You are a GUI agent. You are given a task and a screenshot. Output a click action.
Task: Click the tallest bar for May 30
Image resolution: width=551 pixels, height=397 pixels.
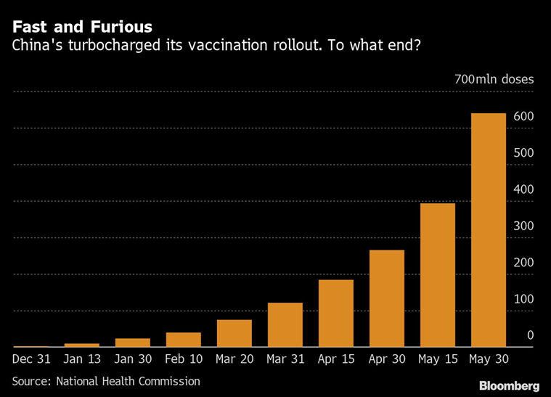coord(489,230)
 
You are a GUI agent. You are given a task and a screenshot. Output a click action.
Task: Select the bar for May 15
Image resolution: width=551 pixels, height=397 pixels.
coord(437,275)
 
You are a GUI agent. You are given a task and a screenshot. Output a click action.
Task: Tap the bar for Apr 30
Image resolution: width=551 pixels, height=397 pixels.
coord(386,298)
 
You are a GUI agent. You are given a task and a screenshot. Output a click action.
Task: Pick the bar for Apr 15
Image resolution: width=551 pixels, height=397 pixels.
coord(335,314)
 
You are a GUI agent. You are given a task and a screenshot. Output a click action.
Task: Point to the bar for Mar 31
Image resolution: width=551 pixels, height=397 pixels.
coord(285,325)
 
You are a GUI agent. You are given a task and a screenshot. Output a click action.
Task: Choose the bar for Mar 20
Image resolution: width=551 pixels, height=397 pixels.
coord(234,333)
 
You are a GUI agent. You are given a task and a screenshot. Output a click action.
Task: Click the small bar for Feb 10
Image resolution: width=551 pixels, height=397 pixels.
coord(183,340)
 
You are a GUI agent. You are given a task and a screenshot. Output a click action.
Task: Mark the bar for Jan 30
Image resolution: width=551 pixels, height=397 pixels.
coord(132,343)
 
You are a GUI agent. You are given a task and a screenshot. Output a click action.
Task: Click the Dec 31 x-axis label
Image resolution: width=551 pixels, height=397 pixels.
coord(30,359)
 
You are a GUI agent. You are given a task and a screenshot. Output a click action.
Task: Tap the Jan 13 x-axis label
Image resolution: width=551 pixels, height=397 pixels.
coord(81,359)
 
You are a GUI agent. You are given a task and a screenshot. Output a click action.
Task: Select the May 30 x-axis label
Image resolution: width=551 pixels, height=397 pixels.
coord(489,359)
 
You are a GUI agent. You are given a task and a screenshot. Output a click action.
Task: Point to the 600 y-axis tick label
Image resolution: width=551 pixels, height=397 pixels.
coord(523,117)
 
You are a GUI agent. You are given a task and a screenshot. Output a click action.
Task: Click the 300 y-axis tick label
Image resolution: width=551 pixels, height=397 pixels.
coord(523,226)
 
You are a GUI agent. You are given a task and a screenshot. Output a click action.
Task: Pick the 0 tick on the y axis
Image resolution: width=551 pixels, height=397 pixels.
coord(530,335)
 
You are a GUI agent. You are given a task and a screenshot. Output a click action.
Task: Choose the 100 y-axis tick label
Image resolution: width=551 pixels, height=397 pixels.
coord(523,299)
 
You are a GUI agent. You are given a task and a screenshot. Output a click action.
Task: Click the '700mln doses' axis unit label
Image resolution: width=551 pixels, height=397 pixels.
coord(494,79)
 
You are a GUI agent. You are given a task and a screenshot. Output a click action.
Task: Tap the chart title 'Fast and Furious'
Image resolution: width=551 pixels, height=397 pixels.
coord(82,28)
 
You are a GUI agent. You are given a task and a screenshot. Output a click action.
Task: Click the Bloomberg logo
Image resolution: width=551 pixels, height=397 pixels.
coord(508,385)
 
